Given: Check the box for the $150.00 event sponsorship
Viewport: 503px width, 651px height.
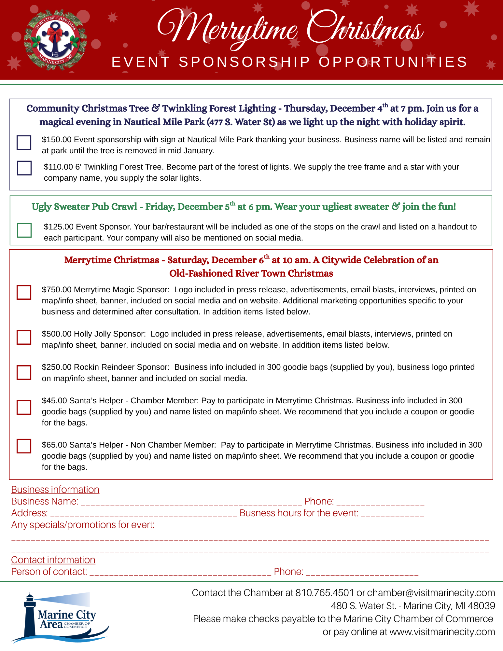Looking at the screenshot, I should point(24,143).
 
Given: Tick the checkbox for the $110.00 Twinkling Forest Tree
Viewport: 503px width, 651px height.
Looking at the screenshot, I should point(24,168).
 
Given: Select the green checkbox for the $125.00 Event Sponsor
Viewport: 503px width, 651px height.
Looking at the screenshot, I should point(24,230).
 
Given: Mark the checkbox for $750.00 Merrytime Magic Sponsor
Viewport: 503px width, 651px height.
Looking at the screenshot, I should point(24,292).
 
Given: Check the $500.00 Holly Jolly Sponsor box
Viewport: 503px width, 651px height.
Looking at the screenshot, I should point(24,337).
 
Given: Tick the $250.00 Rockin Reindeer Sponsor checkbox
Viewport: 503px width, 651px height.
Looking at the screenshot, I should point(24,372).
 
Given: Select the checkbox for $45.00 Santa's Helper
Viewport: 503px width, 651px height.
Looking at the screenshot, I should point(24,407).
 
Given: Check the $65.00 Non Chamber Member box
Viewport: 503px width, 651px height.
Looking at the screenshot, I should point(24,446).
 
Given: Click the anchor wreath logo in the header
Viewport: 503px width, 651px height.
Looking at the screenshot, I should point(55,40).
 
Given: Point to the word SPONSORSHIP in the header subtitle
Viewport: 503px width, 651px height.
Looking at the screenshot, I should point(245,62).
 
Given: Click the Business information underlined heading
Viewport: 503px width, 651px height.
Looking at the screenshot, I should point(55,490).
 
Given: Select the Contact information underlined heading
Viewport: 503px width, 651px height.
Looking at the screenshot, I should point(53,560).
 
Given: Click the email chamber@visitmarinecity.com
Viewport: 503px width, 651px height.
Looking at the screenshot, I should point(431,593).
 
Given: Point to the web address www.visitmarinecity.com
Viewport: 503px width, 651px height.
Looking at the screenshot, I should point(442,632).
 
